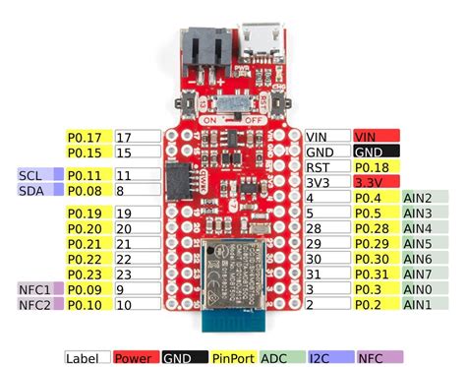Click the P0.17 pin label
click(87, 137)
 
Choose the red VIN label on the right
click(376, 137)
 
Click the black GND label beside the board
click(376, 153)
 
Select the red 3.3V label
click(376, 183)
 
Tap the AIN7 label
click(423, 274)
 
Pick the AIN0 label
click(423, 289)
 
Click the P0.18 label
click(376, 168)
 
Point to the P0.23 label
click(87, 274)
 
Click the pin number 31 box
click(324, 274)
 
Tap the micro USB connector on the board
click(263, 46)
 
